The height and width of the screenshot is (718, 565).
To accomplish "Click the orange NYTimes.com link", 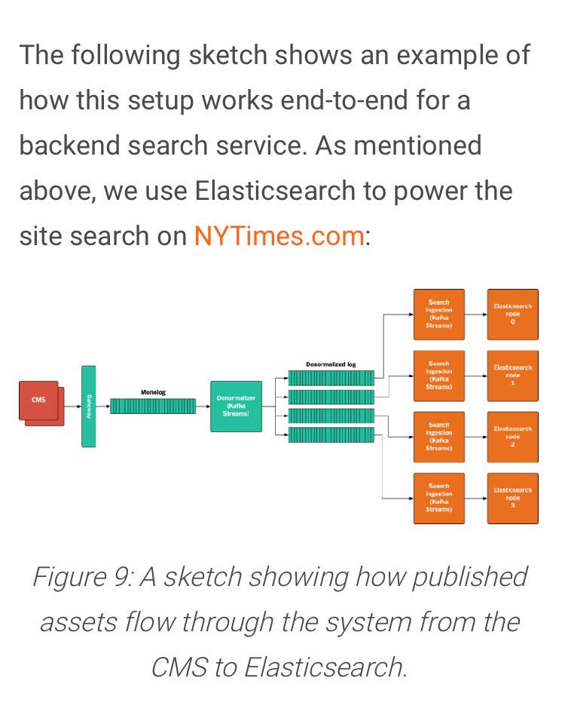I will coord(279,236).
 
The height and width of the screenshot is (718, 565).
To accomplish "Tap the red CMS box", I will coord(38,400).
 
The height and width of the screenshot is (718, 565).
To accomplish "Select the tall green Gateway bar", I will coord(89,407).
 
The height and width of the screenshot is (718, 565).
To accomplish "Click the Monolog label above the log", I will coord(153,392).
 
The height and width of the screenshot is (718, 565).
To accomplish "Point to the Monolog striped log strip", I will coord(153,406).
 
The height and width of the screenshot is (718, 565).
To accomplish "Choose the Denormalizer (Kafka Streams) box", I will coord(236,407).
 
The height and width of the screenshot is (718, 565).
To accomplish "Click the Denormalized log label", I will coord(331,364).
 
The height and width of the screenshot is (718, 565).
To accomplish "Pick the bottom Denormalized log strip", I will coord(331,435).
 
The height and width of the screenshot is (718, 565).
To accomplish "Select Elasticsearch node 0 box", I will coord(513,315).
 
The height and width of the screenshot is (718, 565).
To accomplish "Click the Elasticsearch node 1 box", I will coord(513,376).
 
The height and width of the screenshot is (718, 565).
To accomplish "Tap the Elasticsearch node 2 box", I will coord(513,437).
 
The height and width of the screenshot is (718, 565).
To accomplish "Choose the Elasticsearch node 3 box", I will coord(513,498).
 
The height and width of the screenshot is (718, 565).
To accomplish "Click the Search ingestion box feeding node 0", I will coord(439,315).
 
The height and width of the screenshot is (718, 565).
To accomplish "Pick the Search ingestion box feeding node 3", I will coord(439,498).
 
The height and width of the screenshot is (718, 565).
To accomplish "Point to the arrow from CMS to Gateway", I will coord(72,406).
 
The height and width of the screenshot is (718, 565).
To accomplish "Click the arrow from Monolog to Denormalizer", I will coord(203,406).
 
